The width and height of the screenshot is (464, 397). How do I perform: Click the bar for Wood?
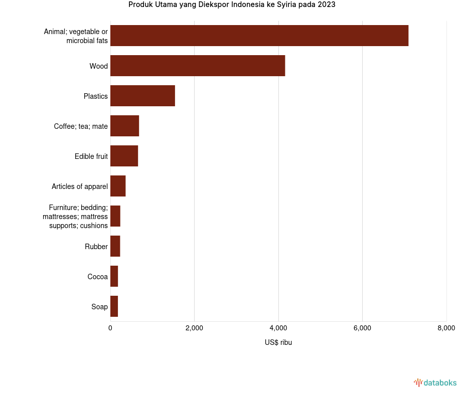pos(198,66)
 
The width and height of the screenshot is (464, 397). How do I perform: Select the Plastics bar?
pos(142,96)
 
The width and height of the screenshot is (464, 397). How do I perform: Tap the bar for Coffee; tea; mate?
pos(124,126)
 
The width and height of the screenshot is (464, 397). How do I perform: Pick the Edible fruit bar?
pos(124,156)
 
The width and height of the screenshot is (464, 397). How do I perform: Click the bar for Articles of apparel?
pos(118,186)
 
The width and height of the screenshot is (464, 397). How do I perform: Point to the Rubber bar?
pos(115,246)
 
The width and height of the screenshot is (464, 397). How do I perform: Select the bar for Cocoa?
pos(114,276)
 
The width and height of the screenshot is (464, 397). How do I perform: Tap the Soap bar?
pos(114,306)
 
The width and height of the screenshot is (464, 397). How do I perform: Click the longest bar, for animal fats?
pos(259,36)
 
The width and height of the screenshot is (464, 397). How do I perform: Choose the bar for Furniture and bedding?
pos(115,216)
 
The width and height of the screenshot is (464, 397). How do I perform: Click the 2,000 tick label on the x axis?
pos(194,328)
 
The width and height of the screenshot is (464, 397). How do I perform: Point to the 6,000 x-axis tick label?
pos(362,328)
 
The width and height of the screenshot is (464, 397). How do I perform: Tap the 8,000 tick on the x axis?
pos(446,328)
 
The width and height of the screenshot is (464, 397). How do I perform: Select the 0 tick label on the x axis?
pos(110,328)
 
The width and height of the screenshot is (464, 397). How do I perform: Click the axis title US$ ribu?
pos(278,342)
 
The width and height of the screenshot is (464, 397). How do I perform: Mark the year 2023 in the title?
pos(327,5)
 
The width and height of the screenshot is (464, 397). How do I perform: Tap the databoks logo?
pos(435,383)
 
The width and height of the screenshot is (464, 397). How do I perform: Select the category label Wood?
pos(99,66)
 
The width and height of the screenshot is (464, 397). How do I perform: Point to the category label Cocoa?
pos(98,277)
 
